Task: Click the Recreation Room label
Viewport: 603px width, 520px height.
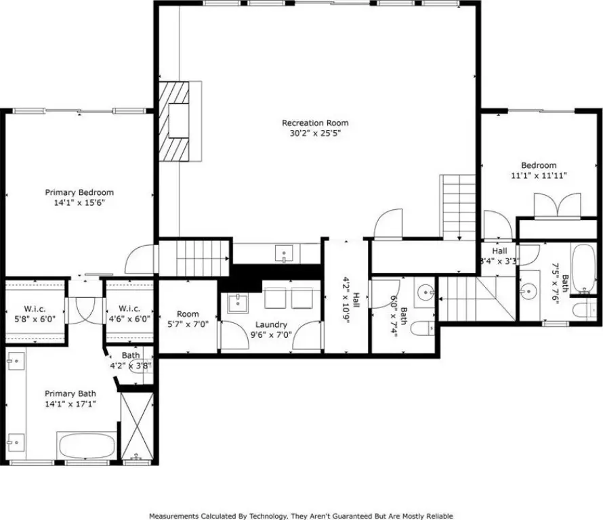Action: pos(315,123)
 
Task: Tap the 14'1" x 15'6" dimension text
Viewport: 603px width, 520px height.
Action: pos(79,202)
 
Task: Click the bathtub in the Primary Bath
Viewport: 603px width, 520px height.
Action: pos(87,446)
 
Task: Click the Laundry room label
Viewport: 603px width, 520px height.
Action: pos(271,325)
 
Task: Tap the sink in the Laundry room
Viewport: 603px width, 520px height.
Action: pos(238,303)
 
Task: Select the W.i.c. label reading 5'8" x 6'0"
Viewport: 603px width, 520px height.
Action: pos(35,313)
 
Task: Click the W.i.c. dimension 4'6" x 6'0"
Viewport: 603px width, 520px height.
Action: pos(129,319)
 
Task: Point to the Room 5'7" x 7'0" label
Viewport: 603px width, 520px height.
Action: pos(188,319)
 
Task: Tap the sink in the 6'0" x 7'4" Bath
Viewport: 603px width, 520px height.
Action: pos(425,292)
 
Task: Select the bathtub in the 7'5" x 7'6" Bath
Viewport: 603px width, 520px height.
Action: pos(583,269)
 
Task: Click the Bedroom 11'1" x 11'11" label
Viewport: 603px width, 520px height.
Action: pos(539,170)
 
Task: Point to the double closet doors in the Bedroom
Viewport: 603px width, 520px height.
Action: pos(557,206)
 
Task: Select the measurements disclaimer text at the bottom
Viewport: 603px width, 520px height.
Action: pos(301,516)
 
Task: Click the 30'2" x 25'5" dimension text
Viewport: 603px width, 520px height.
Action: pos(315,133)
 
